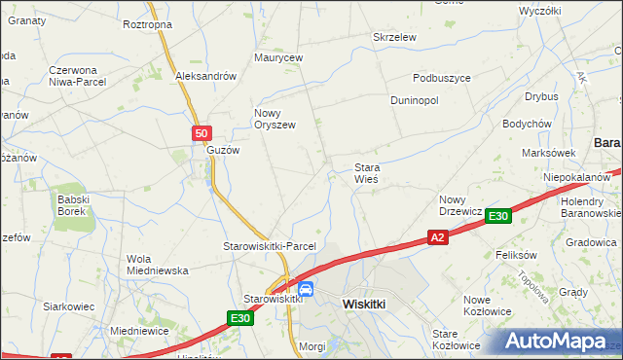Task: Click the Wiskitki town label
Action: coord(367,304)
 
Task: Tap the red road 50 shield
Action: coord(201,133)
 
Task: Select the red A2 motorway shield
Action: coord(437,236)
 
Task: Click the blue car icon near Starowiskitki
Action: coord(305,289)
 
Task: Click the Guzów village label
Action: coord(222,151)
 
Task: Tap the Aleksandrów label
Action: coord(205,76)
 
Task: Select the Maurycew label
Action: coord(278,58)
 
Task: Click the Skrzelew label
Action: coord(394,37)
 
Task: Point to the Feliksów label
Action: coord(516,254)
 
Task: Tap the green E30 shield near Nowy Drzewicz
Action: coord(498,217)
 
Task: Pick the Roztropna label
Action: coord(147,24)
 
